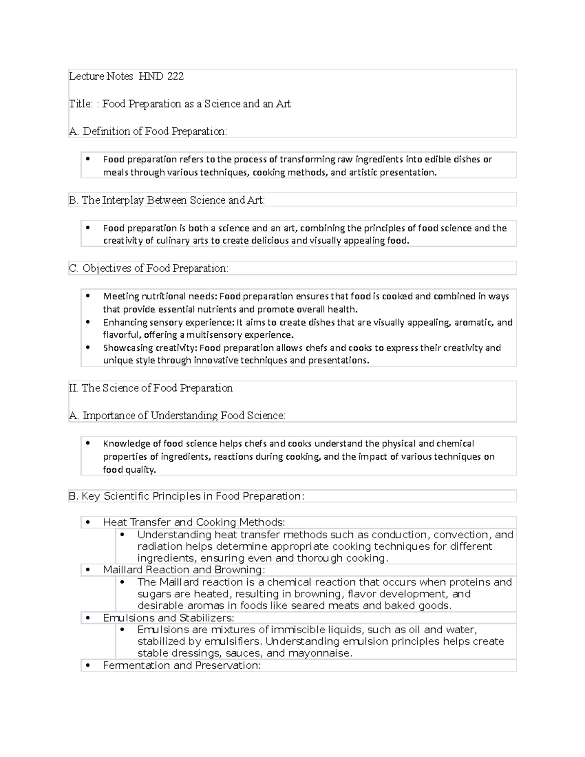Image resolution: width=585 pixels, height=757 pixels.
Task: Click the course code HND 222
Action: coord(161,77)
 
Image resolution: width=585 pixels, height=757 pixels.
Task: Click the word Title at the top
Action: coord(80,104)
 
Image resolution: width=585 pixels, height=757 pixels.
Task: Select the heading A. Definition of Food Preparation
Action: coord(148,132)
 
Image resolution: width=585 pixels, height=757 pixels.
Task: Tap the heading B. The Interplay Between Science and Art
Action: coord(167,200)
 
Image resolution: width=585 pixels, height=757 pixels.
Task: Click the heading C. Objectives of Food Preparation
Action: coord(148,269)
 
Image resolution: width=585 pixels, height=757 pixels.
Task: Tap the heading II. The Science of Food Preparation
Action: coord(151,388)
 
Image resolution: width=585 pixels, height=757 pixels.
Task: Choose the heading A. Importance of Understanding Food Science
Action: coord(177,416)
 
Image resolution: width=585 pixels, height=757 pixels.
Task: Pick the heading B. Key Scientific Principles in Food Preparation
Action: coord(186,496)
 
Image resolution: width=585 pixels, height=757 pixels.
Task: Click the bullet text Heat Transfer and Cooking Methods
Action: coord(194,523)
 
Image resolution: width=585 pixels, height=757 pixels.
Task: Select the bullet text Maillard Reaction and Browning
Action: coord(184,570)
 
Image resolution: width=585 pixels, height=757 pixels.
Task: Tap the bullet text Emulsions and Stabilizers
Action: coord(168,618)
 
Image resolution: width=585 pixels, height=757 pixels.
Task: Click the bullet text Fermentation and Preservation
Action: coord(181,666)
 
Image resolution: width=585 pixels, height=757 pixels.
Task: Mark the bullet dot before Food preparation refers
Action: coord(88,159)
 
